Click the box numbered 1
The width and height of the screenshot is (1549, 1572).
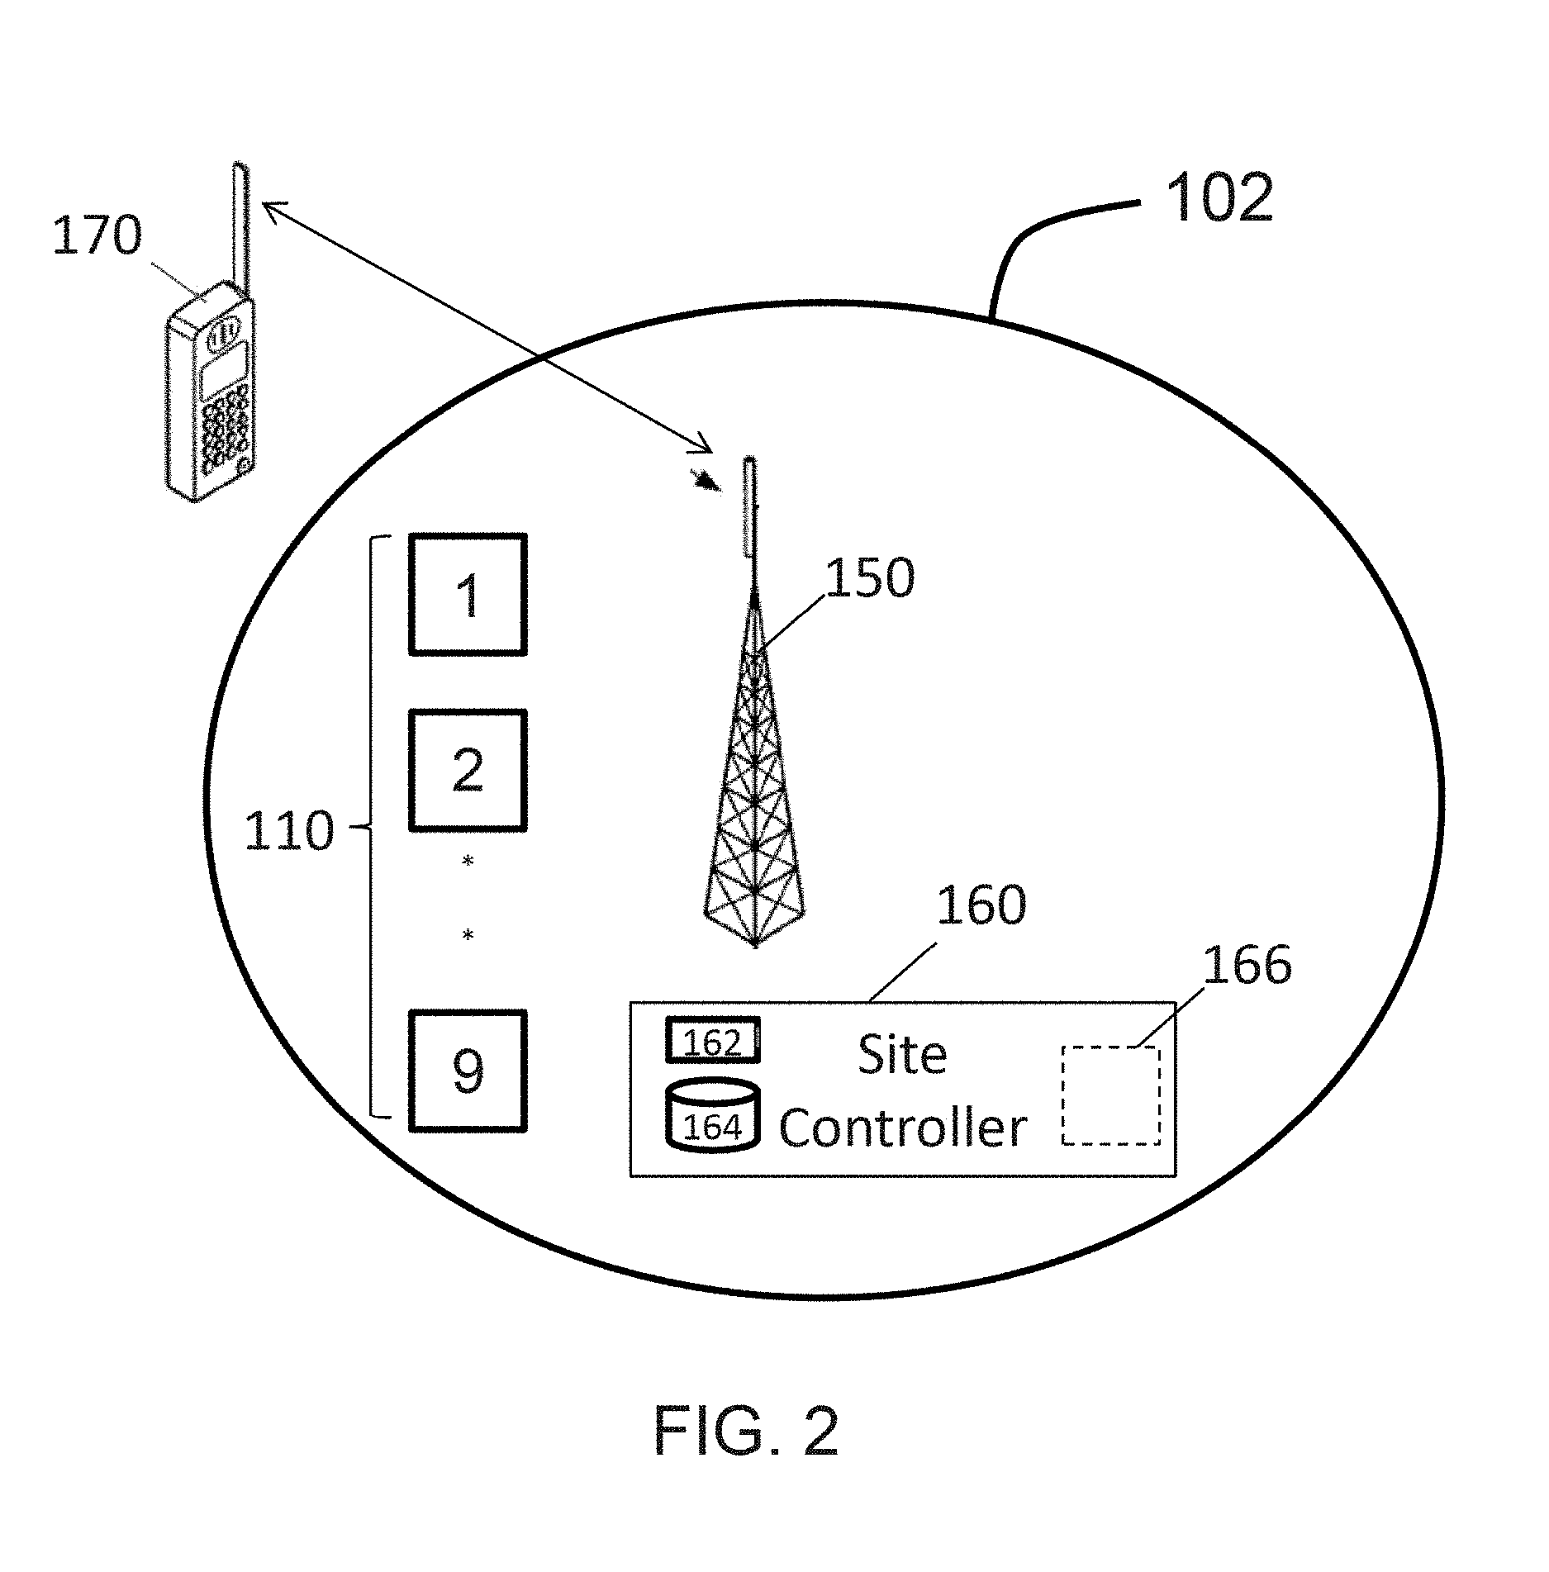point(468,595)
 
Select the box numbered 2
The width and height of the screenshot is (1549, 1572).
point(468,770)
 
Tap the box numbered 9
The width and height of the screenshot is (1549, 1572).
point(468,1071)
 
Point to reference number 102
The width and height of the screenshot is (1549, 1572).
point(1219,197)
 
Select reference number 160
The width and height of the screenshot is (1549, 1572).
point(981,904)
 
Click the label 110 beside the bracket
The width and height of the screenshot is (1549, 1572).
point(289,830)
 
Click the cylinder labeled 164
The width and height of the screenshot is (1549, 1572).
point(712,1115)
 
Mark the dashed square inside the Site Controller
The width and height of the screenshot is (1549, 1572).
point(1111,1095)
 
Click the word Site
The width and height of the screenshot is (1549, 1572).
point(902,1055)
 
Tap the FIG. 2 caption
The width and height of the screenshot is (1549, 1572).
point(746,1432)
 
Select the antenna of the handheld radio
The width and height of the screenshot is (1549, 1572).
point(240,230)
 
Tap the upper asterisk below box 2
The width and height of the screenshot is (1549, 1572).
point(468,862)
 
